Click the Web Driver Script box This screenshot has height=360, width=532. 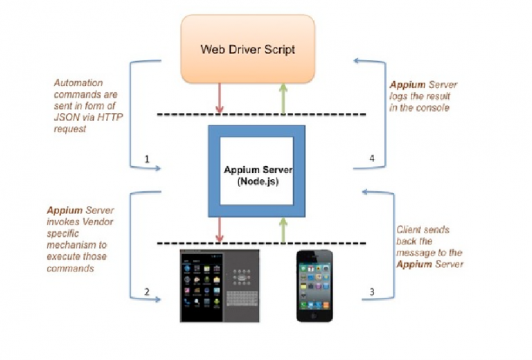point(248,49)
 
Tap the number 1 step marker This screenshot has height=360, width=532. point(148,159)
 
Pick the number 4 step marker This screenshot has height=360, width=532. point(372,159)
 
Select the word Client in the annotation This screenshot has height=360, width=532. point(409,229)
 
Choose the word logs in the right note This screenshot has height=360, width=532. point(402,97)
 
